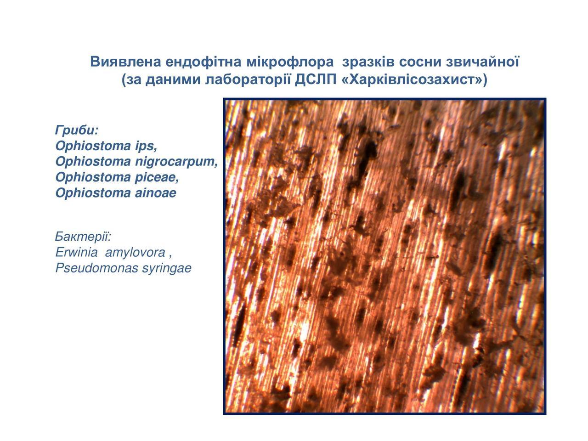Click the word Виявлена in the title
click(125, 62)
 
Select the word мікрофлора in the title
click(290, 62)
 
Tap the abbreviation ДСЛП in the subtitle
click(316, 80)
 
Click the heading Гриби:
click(77, 130)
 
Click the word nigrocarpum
click(176, 162)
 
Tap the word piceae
click(157, 177)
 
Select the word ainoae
click(155, 193)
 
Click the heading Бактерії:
click(83, 237)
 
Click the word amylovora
click(135, 252)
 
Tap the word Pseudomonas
click(97, 268)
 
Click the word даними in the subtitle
click(173, 80)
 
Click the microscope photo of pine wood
click(384, 256)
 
